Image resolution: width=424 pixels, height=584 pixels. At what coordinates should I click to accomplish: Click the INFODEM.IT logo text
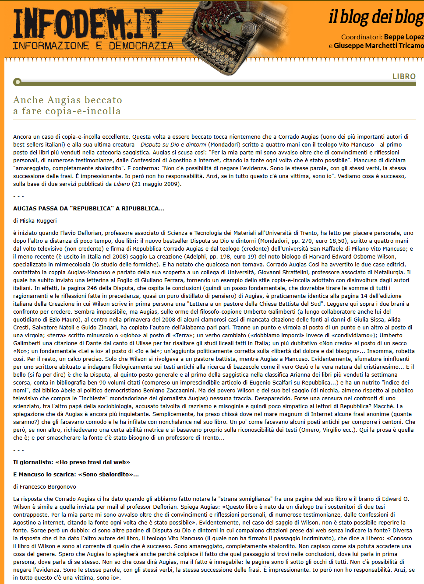[x=88, y=24]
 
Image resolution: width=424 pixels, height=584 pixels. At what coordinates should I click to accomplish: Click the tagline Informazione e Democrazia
[x=93, y=46]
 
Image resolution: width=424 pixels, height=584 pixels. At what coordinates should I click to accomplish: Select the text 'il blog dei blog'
[x=376, y=17]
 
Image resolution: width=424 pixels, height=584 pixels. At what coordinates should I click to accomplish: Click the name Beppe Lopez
[x=403, y=37]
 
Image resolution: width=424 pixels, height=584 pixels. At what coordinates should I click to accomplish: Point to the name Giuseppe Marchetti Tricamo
[x=378, y=45]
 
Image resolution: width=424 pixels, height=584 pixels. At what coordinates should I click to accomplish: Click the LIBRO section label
[x=404, y=77]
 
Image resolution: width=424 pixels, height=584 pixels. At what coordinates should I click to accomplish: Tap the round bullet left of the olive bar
[x=17, y=82]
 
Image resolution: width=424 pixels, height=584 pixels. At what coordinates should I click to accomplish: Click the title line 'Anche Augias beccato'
[x=67, y=100]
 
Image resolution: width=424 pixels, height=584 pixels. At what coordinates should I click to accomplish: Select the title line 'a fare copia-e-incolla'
[x=67, y=111]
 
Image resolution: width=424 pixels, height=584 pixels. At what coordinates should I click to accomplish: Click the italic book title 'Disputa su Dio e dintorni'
[x=173, y=145]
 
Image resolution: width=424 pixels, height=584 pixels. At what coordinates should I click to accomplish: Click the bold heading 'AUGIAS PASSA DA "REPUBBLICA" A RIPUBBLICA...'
[x=88, y=209]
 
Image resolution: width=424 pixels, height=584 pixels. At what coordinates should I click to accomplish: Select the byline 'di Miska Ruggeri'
[x=35, y=221]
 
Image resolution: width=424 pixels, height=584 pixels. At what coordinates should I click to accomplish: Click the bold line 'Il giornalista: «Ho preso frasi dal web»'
[x=71, y=462]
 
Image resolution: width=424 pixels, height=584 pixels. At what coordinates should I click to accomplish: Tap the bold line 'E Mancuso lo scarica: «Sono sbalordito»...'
[x=76, y=475]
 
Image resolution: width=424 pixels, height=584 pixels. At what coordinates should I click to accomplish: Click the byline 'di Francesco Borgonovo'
[x=45, y=487]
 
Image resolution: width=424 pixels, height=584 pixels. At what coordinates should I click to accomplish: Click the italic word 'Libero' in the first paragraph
[x=122, y=184]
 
